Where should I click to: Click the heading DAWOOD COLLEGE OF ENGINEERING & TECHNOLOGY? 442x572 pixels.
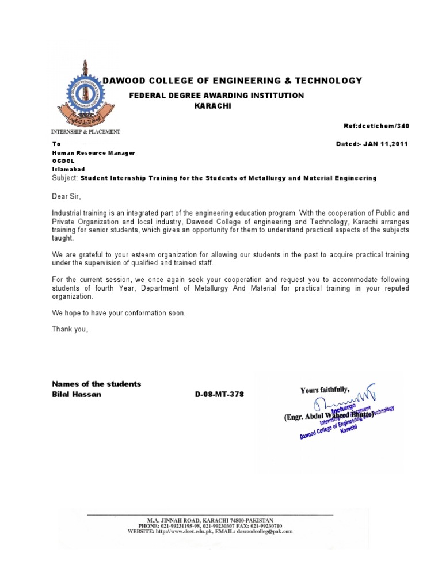point(232,81)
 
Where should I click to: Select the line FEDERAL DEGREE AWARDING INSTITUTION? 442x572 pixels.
point(216,96)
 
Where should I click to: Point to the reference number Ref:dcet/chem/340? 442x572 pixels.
point(376,126)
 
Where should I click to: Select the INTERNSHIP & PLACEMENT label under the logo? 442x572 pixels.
point(86,132)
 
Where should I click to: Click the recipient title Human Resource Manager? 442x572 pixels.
point(93,152)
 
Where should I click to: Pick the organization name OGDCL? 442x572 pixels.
point(62,161)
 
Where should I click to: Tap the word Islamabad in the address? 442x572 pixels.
point(68,169)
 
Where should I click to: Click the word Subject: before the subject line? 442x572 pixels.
point(65,178)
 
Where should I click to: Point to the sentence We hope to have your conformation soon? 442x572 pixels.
point(119,313)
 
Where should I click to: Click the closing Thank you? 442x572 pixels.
point(70,329)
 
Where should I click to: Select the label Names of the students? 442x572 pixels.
point(96,384)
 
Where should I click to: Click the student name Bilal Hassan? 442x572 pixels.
point(77,395)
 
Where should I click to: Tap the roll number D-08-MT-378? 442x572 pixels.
point(223,395)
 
